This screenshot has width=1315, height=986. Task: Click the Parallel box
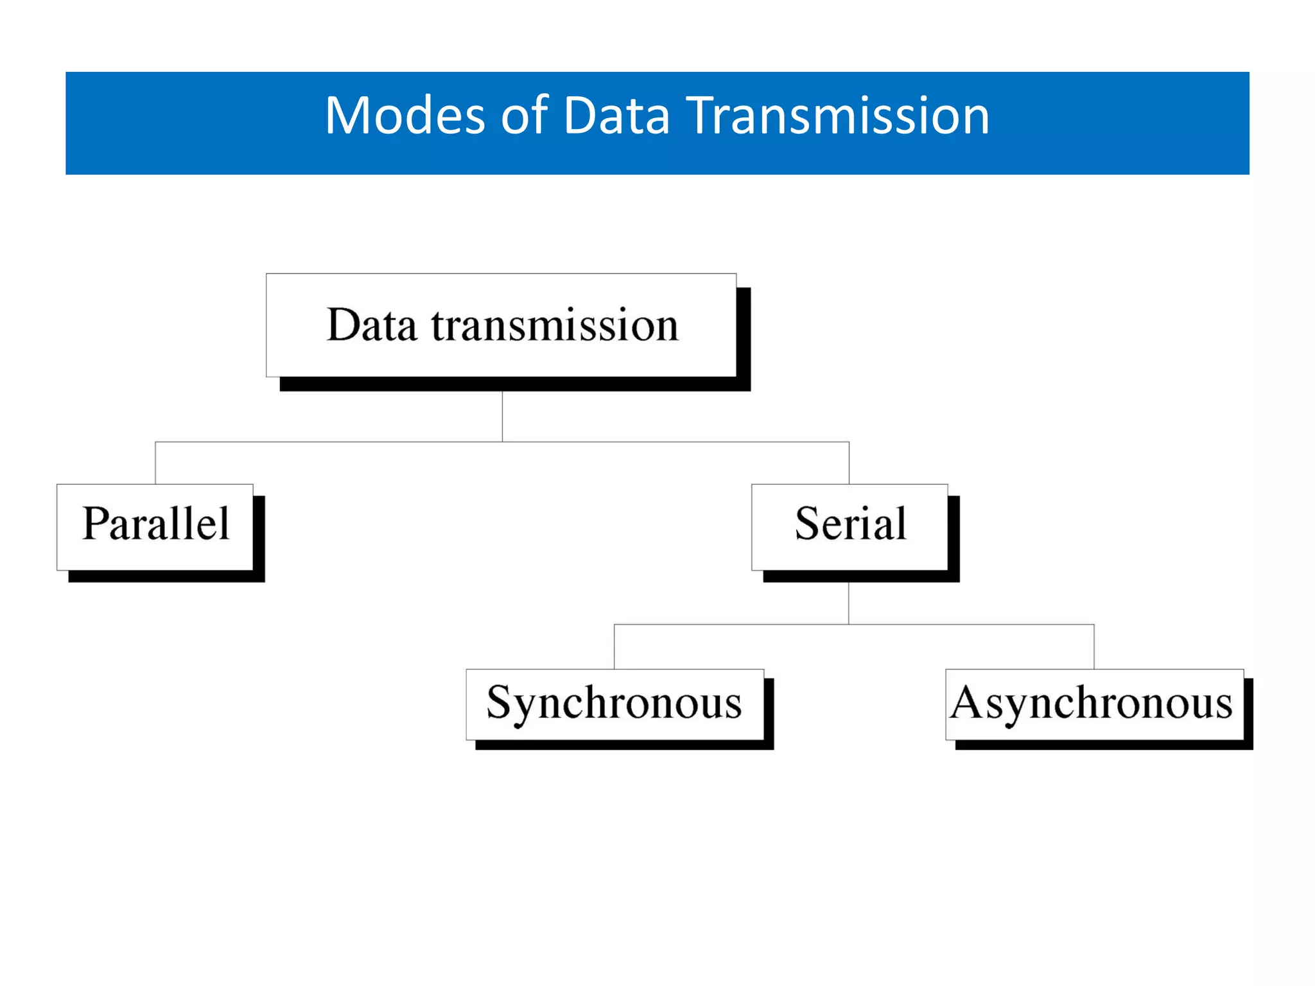pos(155,526)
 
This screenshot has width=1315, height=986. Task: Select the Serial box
pos(849,526)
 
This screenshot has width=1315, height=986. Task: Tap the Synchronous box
pos(614,704)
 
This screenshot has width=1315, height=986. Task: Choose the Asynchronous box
pos(1093,704)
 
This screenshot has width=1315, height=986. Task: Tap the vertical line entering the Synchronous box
pos(614,646)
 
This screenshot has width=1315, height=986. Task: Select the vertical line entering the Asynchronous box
pos(1094,646)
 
